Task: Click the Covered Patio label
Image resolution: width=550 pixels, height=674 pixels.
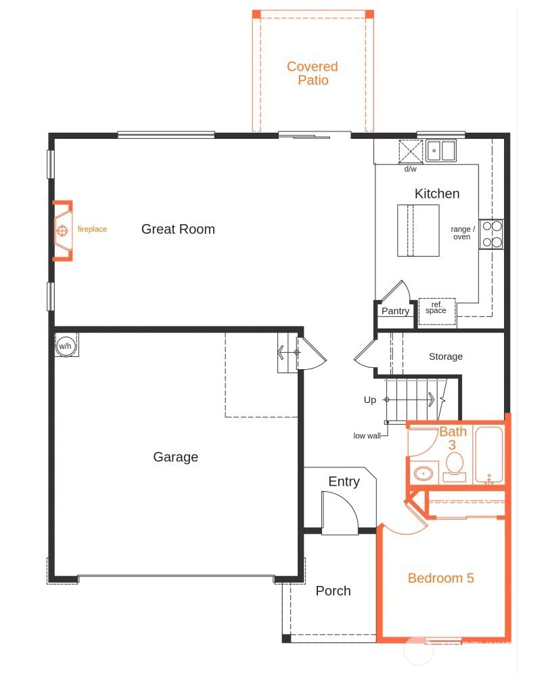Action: [x=312, y=73]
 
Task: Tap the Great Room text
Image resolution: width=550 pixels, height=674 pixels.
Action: [x=178, y=229]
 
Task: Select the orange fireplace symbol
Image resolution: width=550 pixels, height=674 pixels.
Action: [x=62, y=230]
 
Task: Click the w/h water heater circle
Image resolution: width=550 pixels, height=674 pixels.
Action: [x=66, y=345]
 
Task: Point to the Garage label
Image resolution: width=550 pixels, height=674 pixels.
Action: [x=175, y=457]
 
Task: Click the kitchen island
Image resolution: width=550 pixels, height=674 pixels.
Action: [x=418, y=230]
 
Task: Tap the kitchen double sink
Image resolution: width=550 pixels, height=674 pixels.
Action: [x=441, y=150]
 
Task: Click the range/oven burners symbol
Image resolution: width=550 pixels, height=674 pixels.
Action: [x=491, y=234]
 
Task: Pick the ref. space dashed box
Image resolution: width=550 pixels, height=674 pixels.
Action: [x=436, y=308]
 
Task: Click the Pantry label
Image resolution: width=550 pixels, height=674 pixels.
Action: [x=395, y=311]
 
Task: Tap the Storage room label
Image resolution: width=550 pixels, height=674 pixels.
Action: [x=446, y=356]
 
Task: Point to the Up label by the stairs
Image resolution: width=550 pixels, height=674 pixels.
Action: [x=370, y=400]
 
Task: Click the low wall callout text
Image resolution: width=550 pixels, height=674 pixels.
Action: [x=367, y=436]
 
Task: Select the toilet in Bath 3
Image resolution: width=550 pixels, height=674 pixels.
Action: [x=454, y=466]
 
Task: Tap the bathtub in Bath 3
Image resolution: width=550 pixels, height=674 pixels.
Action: [x=488, y=455]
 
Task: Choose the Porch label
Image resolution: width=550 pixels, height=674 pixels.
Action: [x=333, y=591]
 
